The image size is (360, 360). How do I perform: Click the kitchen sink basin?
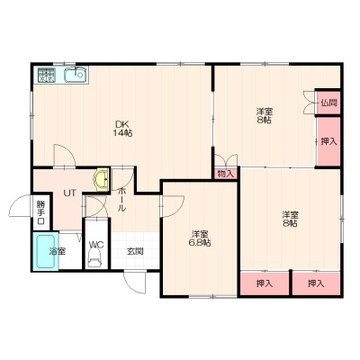(x=76, y=75)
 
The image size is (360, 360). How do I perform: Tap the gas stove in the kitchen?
(x=46, y=75)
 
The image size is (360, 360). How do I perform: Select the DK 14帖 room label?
(x=122, y=129)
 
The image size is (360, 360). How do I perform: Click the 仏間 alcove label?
(x=328, y=103)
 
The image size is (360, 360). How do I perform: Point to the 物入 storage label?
(x=226, y=174)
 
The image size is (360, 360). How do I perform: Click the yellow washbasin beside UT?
(x=102, y=180)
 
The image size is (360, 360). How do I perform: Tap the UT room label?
(x=69, y=193)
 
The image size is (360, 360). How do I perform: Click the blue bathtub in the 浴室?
(x=46, y=251)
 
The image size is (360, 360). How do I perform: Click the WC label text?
(x=96, y=245)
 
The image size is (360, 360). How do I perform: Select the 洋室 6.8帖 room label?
(x=200, y=238)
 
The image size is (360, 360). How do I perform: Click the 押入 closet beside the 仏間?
(x=328, y=141)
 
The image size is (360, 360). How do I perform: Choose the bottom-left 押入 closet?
(x=265, y=283)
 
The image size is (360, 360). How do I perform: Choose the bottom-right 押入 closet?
(x=316, y=283)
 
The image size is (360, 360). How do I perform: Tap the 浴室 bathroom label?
(x=58, y=251)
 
